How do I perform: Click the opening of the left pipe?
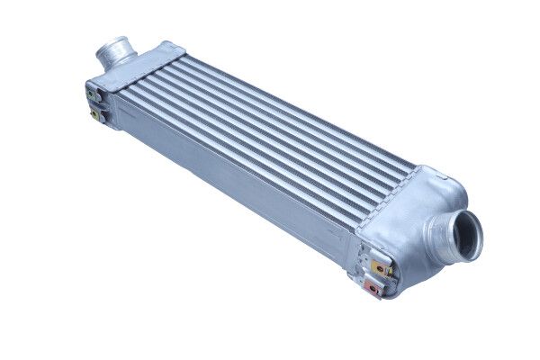click(116, 46)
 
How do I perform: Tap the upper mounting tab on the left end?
click(93, 90)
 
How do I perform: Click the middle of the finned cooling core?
click(270, 135)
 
